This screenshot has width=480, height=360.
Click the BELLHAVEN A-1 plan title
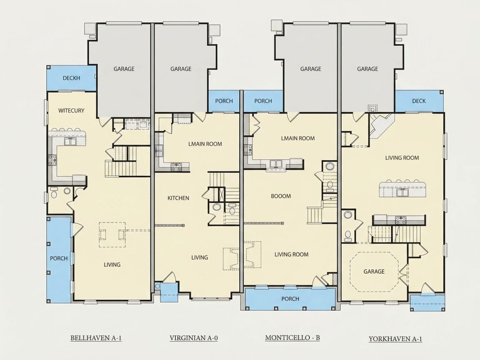(x=96, y=338)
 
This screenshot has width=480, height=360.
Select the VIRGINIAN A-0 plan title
(x=193, y=338)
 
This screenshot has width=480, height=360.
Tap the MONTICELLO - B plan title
(x=292, y=338)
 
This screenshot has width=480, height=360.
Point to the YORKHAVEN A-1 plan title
(x=395, y=339)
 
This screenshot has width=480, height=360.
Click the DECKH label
(x=71, y=78)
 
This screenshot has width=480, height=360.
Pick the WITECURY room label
(x=71, y=110)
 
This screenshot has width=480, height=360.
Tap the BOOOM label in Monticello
(x=281, y=196)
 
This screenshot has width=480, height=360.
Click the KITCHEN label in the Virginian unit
(x=178, y=199)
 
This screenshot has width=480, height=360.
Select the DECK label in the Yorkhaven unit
(x=419, y=101)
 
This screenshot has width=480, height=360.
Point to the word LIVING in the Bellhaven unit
(x=112, y=265)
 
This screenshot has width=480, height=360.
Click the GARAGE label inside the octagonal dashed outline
(x=374, y=271)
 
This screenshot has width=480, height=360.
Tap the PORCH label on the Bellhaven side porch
(x=59, y=259)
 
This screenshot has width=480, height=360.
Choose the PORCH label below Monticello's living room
(x=290, y=299)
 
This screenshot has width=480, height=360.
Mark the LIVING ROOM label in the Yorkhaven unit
(x=402, y=158)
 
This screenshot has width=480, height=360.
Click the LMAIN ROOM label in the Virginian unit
(x=205, y=144)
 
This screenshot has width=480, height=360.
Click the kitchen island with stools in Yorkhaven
(x=403, y=189)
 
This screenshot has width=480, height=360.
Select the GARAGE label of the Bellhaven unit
(x=124, y=69)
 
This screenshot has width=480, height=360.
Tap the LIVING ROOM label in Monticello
(x=291, y=254)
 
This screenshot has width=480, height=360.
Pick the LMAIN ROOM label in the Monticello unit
(x=298, y=138)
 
